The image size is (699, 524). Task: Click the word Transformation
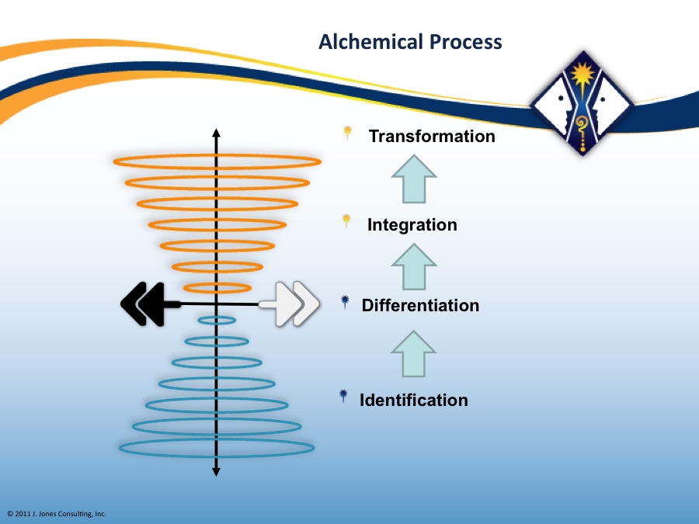(x=432, y=137)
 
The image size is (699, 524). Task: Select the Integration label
(x=412, y=225)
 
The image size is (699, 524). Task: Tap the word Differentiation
(x=420, y=306)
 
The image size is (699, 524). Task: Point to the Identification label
(x=414, y=400)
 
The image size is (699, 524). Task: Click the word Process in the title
(x=466, y=43)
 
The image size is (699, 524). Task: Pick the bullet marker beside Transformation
(x=348, y=133)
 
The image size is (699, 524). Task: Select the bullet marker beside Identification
(x=343, y=396)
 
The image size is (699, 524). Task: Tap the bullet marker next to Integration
(x=346, y=221)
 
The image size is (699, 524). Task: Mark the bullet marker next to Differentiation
(x=345, y=302)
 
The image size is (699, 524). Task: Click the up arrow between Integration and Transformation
(x=414, y=179)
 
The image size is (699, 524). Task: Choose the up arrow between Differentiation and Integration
(x=414, y=267)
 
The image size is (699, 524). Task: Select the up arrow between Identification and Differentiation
(x=414, y=354)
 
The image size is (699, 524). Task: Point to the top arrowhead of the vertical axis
(x=216, y=133)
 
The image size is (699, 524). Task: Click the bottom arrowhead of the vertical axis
(x=216, y=472)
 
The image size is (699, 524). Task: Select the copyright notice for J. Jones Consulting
(x=57, y=514)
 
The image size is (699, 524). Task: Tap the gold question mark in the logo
(x=581, y=124)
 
